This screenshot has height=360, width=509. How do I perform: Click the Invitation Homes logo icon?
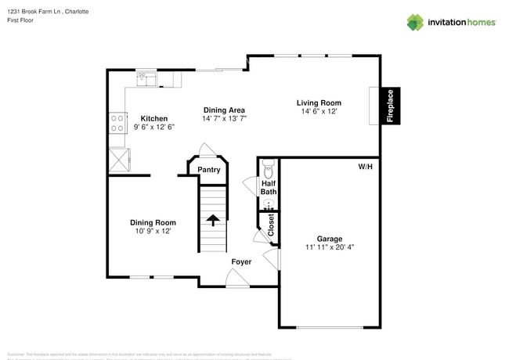click(415, 22)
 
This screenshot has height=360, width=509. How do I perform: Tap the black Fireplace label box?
click(389, 106)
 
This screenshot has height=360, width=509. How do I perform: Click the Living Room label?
click(319, 103)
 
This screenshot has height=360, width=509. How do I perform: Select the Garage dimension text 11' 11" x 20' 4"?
click(329, 248)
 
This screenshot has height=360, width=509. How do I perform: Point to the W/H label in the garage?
click(366, 167)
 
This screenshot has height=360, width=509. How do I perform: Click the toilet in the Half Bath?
click(268, 168)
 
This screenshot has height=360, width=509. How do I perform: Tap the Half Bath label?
click(269, 188)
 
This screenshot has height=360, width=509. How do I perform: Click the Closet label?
click(271, 225)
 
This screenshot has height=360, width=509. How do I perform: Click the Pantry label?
click(208, 170)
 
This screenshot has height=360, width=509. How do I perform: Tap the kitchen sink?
click(146, 78)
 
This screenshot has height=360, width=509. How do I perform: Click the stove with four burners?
click(117, 123)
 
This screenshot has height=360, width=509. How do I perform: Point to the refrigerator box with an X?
click(118, 159)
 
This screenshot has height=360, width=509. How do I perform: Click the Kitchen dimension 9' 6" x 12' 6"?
click(153, 127)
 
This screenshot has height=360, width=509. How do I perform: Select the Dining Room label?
click(153, 222)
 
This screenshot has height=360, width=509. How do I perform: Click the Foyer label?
click(241, 261)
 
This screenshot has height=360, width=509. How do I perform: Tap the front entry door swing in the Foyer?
click(235, 276)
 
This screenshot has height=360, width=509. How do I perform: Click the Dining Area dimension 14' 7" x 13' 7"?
click(225, 119)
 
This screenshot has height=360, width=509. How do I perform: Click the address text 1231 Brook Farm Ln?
click(32, 12)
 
